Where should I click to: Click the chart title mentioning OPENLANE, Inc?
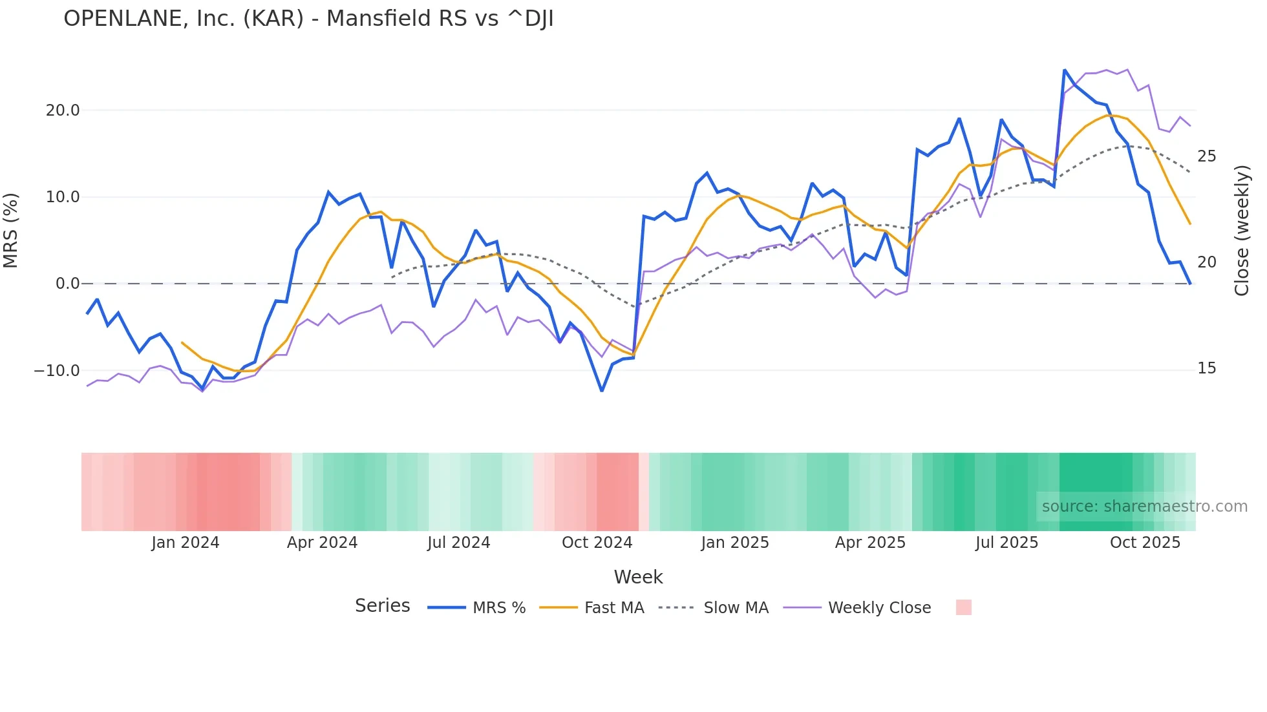308,19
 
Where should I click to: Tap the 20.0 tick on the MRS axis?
63,110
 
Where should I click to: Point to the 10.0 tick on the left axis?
63,197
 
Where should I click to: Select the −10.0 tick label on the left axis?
57,371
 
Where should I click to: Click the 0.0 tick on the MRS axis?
68,284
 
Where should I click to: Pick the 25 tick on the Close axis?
1207,156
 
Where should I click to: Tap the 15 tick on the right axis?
1207,368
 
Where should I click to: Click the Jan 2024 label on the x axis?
186,543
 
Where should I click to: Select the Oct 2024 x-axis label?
597,543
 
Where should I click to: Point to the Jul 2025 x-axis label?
1006,543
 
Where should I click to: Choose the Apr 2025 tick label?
870,543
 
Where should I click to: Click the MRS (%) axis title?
10,231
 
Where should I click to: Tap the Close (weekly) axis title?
1242,231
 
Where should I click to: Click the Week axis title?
638,577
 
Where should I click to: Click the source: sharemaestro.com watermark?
1144,507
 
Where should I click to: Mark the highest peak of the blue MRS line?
1065,70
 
